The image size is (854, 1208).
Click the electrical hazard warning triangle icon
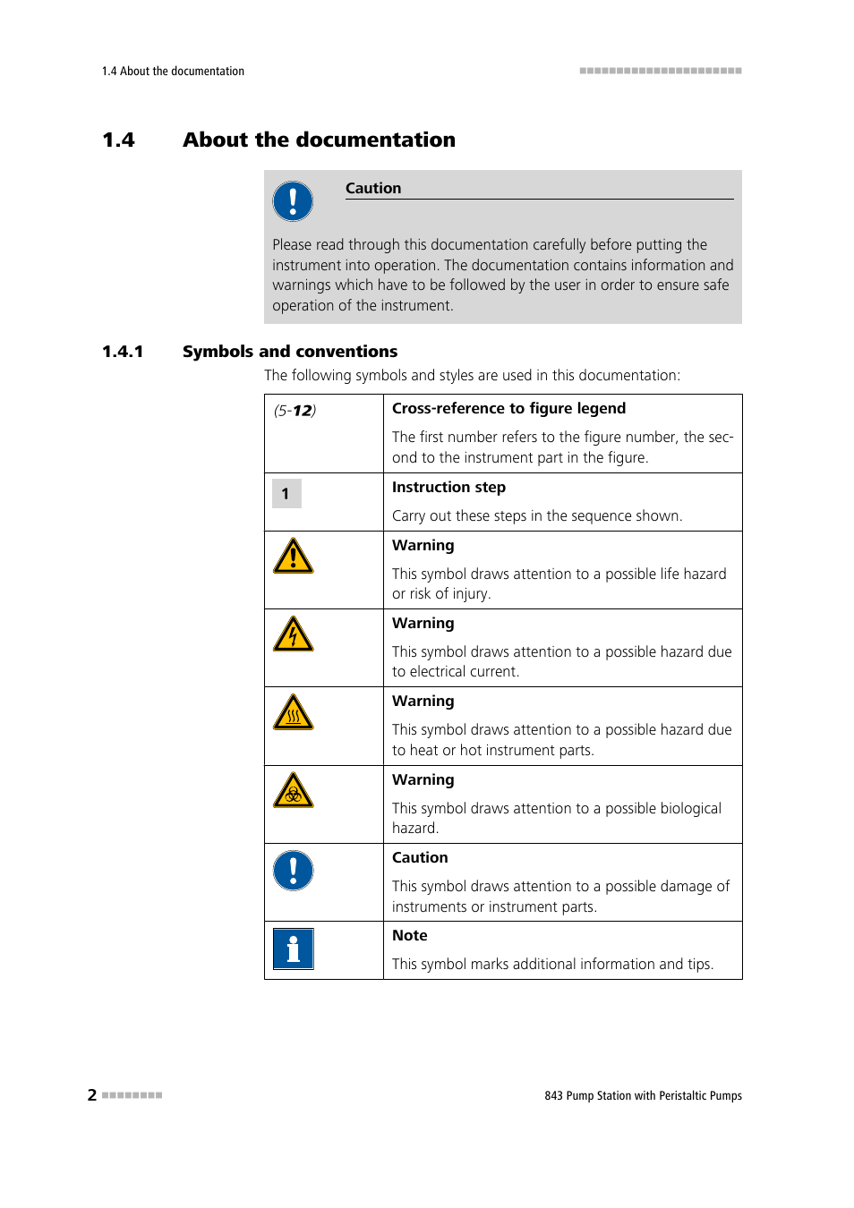click(293, 635)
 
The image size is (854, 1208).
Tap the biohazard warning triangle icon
click(293, 792)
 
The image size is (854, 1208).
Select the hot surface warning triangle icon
click(293, 714)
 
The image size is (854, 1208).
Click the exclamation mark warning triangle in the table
click(293, 557)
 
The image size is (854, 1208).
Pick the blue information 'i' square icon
click(293, 949)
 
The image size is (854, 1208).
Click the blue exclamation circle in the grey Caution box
click(293, 201)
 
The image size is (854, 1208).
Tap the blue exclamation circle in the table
click(293, 871)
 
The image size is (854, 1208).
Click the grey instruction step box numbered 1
click(286, 493)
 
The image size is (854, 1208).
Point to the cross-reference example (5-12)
click(295, 411)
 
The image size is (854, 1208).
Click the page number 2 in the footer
click(92, 1094)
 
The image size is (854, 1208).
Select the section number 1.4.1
click(123, 352)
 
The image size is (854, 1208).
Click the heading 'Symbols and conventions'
click(290, 352)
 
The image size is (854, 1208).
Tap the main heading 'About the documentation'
click(319, 140)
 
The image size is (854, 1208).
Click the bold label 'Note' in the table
click(409, 935)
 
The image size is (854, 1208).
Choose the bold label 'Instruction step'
click(448, 487)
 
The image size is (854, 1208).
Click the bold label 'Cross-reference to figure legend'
click(508, 408)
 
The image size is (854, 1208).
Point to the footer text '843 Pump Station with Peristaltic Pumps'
click(643, 1095)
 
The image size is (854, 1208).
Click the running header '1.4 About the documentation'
click(173, 72)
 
